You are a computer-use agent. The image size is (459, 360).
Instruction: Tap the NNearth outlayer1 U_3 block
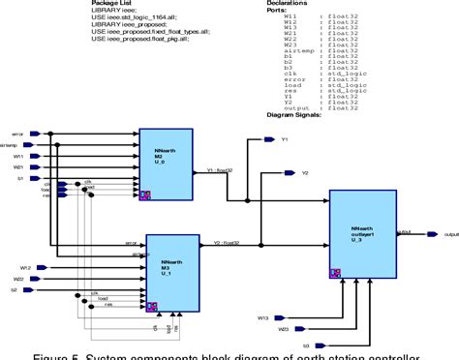click(361, 235)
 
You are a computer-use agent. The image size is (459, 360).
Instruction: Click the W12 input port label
click(26, 266)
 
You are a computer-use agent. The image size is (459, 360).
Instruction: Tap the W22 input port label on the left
click(26, 278)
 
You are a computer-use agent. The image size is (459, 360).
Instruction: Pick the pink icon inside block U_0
click(145, 195)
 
